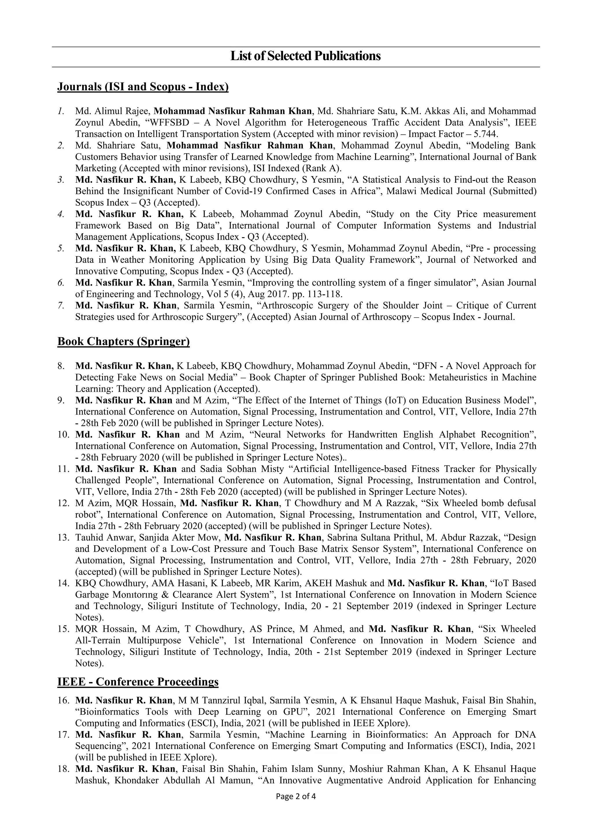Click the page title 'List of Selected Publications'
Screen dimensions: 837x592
pyautogui.click(x=306, y=56)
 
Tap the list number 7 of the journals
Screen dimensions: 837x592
pyautogui.click(x=61, y=305)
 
